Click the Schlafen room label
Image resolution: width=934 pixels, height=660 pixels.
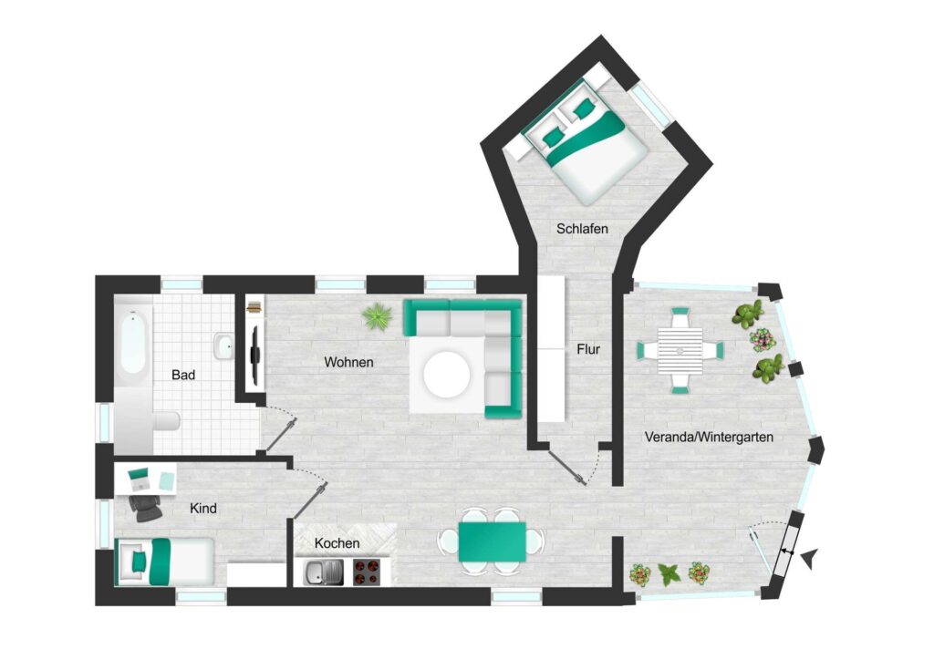tap(582, 229)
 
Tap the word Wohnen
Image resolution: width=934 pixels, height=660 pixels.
tap(348, 362)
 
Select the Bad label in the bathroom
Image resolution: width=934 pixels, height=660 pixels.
tap(182, 375)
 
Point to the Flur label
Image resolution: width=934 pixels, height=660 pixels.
tap(588, 349)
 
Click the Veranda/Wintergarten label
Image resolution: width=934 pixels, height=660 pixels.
tap(709, 438)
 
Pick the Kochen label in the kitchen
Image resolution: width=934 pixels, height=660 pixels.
tap(337, 543)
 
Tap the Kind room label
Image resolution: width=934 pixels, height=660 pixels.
tap(202, 509)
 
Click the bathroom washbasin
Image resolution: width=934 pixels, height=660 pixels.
tap(223, 345)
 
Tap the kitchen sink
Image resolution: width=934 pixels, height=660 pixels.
tap(323, 572)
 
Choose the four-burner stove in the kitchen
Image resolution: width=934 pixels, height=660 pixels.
tap(367, 572)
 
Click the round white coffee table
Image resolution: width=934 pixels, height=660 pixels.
tap(447, 375)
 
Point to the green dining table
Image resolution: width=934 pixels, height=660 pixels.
tap(492, 541)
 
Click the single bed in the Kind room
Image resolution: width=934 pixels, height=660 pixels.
tap(164, 562)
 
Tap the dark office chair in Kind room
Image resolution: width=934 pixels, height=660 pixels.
tap(145, 508)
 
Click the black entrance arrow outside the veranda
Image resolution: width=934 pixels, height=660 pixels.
tap(810, 558)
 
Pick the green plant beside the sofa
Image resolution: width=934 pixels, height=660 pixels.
tap(377, 316)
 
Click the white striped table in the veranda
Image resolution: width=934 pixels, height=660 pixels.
tap(680, 350)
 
